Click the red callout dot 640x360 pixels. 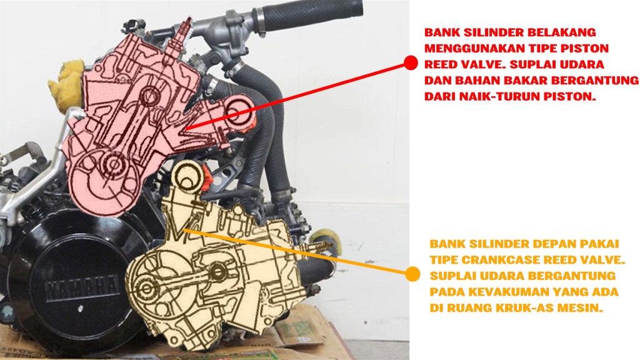pos(411,63)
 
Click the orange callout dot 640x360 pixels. pos(412,274)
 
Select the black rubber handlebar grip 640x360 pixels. pos(312,15)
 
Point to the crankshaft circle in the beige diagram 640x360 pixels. pos(146,288)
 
